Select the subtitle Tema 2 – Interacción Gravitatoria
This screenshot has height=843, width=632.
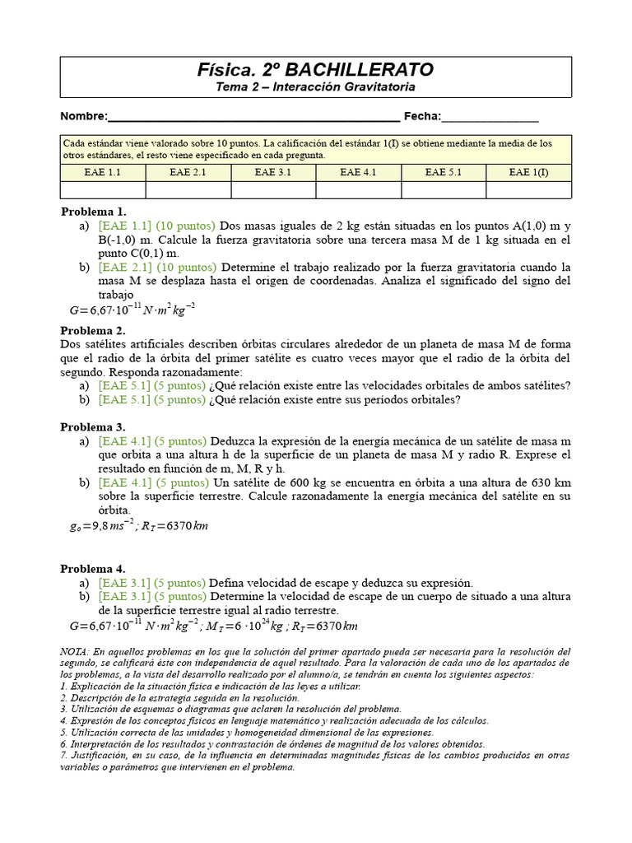315,86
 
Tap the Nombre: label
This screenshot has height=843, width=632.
84,116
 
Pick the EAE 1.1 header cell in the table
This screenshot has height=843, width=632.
103,172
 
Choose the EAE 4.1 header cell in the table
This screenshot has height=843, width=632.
358,172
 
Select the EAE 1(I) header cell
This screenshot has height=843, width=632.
528,172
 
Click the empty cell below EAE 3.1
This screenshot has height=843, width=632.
273,189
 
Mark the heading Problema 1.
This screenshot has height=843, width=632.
93,212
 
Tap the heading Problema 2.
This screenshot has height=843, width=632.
93,330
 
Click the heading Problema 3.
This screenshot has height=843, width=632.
93,426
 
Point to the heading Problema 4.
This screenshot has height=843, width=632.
93,568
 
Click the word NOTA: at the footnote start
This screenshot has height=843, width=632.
77,651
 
